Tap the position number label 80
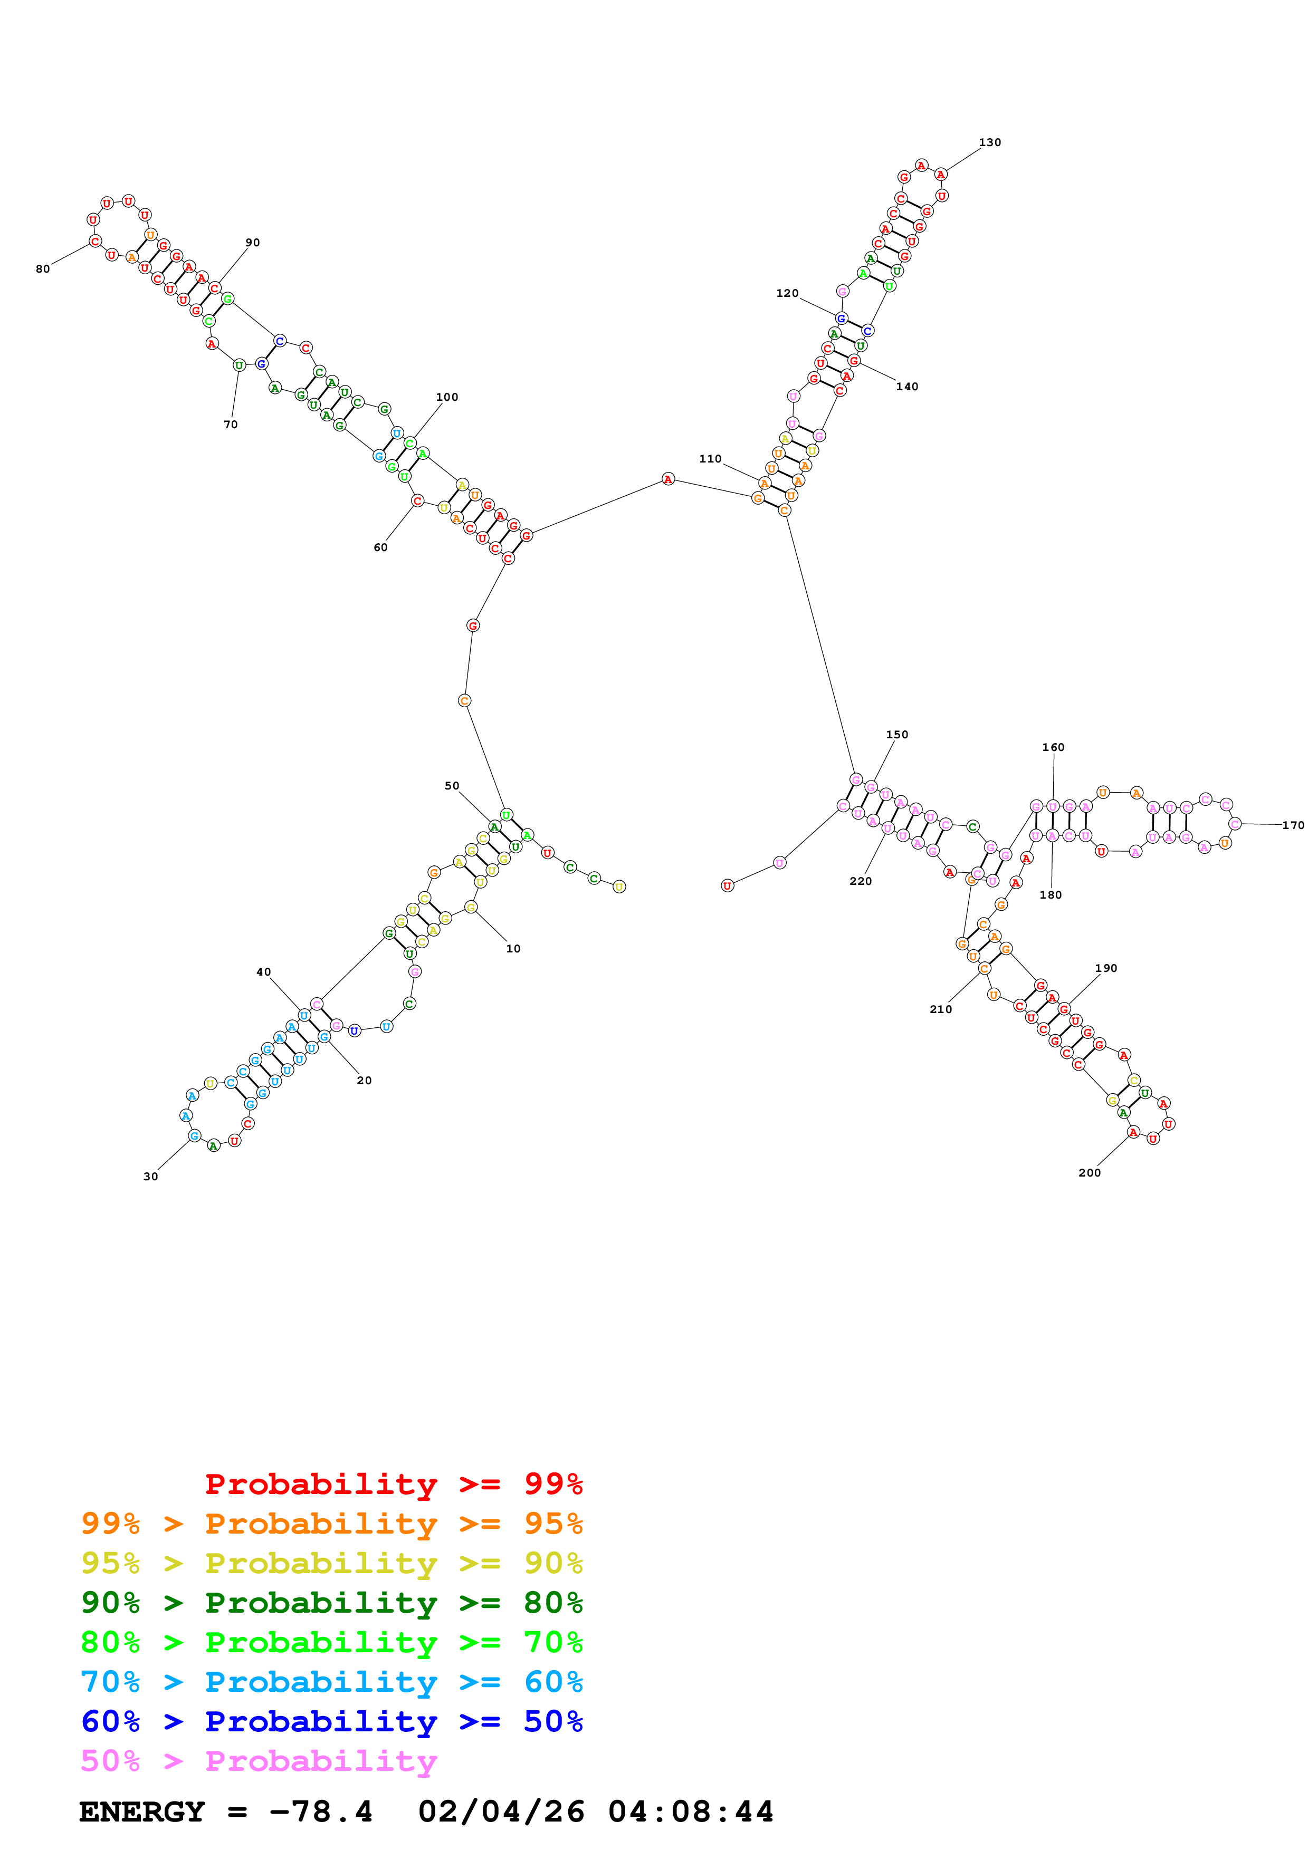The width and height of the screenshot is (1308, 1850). [x=43, y=269]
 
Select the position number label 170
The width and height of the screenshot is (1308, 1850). [x=1293, y=825]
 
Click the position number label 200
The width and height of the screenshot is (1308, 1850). [x=1089, y=1172]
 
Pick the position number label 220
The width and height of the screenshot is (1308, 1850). [x=860, y=881]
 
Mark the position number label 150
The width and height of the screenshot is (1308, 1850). [x=896, y=735]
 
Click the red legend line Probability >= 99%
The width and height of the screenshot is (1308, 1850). [x=393, y=1484]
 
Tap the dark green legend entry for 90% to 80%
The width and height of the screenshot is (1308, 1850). [x=331, y=1603]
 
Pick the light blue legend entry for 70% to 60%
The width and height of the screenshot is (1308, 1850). [x=331, y=1682]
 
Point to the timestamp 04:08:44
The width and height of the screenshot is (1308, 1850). [x=691, y=1812]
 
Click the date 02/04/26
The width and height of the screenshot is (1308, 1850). [x=501, y=1812]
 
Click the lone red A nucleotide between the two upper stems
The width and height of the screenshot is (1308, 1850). [x=667, y=479]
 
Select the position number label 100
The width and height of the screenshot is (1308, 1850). [x=446, y=397]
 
